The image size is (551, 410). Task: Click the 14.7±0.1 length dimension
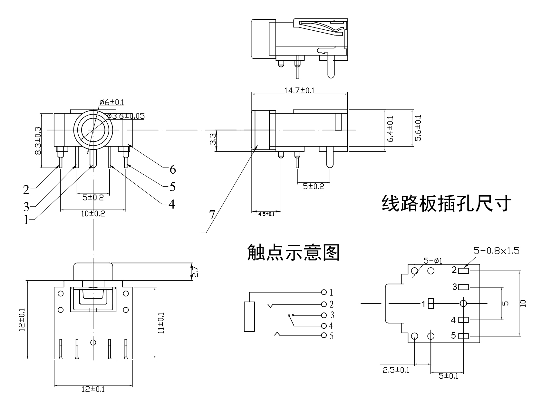[299, 90]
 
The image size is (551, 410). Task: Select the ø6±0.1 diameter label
[111, 102]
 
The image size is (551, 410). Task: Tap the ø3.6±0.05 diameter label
[126, 116]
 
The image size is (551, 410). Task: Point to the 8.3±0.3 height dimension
[38, 140]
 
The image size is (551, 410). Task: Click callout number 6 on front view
[173, 169]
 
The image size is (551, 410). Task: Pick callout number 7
[212, 215]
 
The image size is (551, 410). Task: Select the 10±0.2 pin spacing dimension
[93, 214]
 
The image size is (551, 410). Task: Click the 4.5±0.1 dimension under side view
[266, 214]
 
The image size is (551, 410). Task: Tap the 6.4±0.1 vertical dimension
[390, 129]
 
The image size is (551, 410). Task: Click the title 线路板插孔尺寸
[446, 203]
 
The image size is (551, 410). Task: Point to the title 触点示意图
[293, 252]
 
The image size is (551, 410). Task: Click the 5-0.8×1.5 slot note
[496, 251]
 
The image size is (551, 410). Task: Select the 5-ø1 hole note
[433, 261]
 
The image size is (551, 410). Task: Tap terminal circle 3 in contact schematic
[324, 315]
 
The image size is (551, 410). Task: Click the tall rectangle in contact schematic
[249, 316]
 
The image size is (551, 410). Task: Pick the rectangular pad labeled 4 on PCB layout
[463, 320]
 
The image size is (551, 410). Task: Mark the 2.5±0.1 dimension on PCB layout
[396, 370]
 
